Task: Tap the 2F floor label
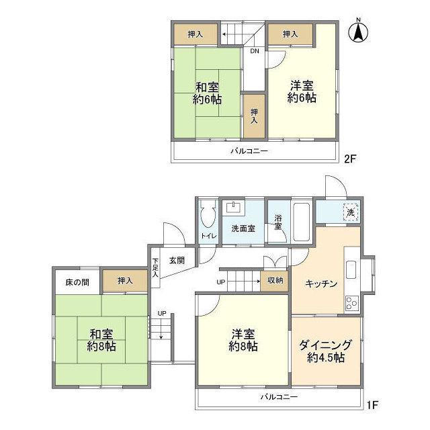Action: (x=349, y=160)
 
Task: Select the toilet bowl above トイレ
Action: (x=207, y=217)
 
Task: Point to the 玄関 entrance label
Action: (x=177, y=260)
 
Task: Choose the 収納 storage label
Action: (x=275, y=280)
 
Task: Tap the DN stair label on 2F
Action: (x=255, y=52)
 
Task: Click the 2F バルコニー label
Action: (x=250, y=151)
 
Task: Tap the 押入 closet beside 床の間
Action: (x=125, y=281)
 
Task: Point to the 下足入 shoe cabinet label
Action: (x=156, y=267)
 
